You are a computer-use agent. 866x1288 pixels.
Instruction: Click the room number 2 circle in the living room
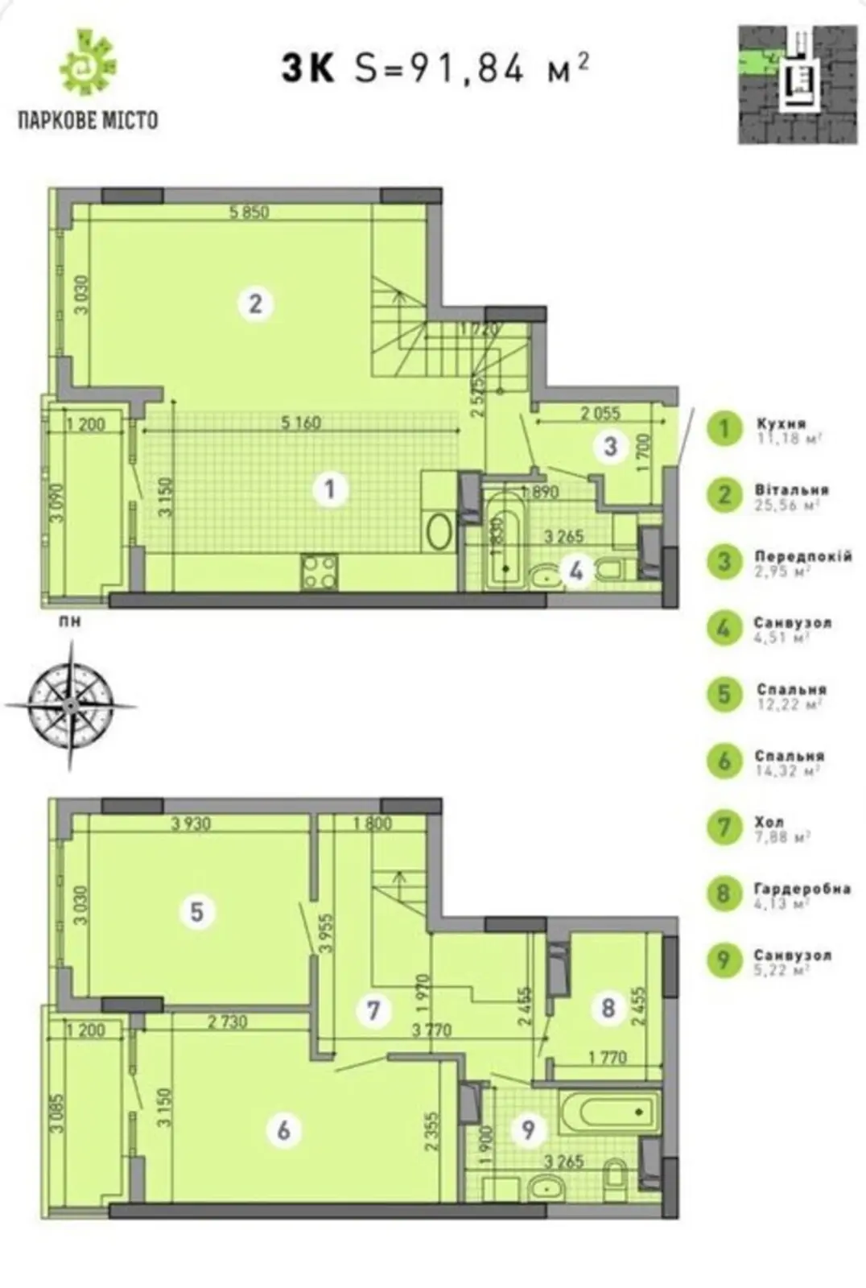[x=255, y=304]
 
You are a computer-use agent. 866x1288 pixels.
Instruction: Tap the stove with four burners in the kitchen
[x=320, y=572]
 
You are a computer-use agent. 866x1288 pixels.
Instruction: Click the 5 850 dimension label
[x=249, y=213]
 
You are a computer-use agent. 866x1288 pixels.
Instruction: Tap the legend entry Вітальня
[x=791, y=490]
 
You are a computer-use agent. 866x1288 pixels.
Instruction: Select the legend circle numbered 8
[x=724, y=893]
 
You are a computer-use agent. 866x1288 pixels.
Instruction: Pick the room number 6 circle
[x=283, y=1129]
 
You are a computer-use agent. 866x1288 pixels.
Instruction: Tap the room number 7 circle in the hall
[x=373, y=1009]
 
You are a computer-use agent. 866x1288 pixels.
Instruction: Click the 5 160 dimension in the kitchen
[x=301, y=423]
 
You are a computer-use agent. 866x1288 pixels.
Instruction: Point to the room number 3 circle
[x=610, y=445]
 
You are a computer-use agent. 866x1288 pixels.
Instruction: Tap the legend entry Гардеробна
[x=802, y=889]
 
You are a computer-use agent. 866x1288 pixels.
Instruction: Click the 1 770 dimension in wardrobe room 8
[x=607, y=1058]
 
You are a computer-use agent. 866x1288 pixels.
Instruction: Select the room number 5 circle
[x=197, y=912]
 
